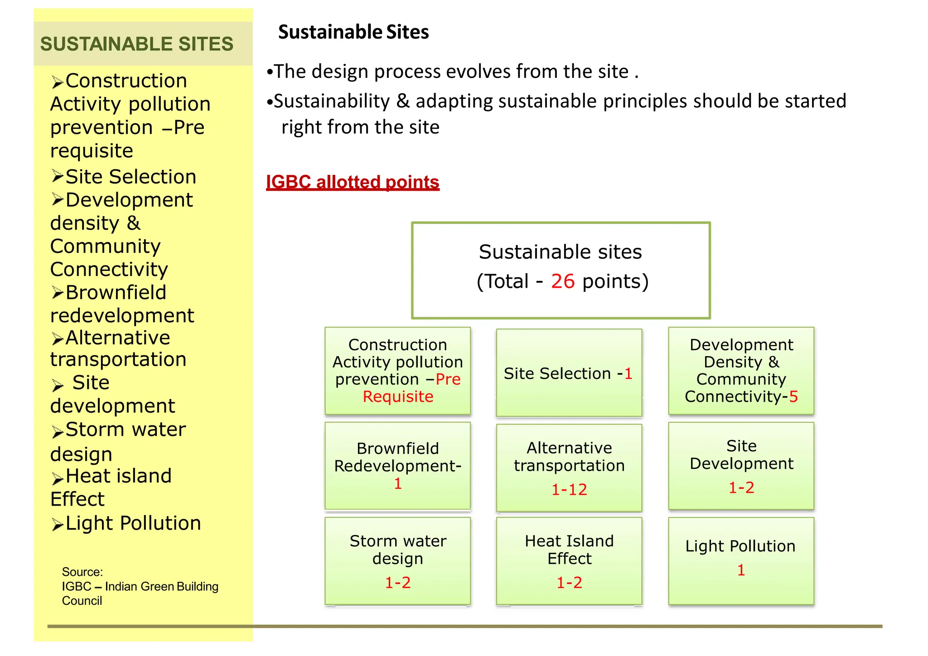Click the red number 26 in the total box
click(563, 281)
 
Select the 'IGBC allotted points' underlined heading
click(353, 182)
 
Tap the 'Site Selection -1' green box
click(569, 373)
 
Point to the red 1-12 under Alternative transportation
click(569, 489)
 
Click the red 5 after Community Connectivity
click(793, 396)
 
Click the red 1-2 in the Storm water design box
click(398, 583)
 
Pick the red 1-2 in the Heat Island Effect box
click(569, 583)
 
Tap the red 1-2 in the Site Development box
click(741, 487)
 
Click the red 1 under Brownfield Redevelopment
click(398, 483)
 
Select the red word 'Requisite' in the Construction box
click(398, 396)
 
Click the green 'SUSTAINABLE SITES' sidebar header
click(137, 44)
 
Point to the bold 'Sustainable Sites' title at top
click(353, 32)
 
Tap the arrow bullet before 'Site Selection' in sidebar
click(57, 176)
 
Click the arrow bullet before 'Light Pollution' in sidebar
click(57, 524)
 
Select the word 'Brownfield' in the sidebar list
click(116, 292)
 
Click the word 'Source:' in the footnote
click(82, 572)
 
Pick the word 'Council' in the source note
click(82, 601)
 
